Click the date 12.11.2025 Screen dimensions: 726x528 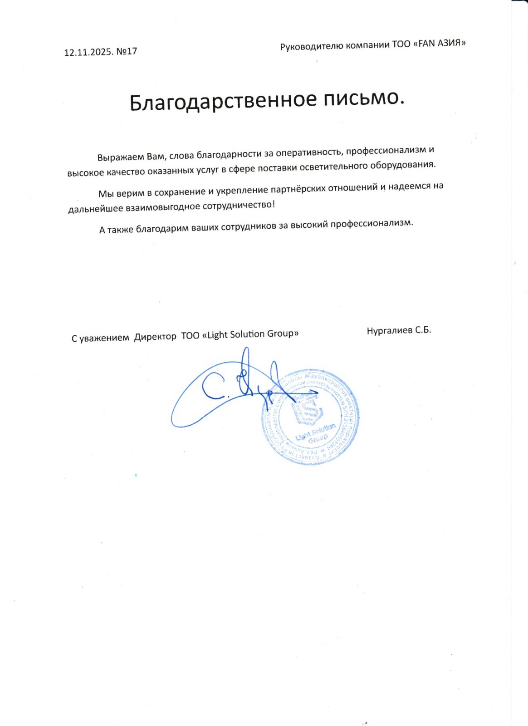pos(89,52)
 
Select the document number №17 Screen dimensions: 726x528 pos(127,51)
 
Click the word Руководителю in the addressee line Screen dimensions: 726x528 pos(312,46)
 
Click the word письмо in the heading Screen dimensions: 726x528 pos(363,98)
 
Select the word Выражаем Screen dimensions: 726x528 pos(121,157)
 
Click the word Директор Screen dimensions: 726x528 pos(155,337)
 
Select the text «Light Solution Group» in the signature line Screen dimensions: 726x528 pos(250,334)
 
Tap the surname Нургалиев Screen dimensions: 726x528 pos(389,331)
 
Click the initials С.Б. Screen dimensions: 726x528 pos(423,330)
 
